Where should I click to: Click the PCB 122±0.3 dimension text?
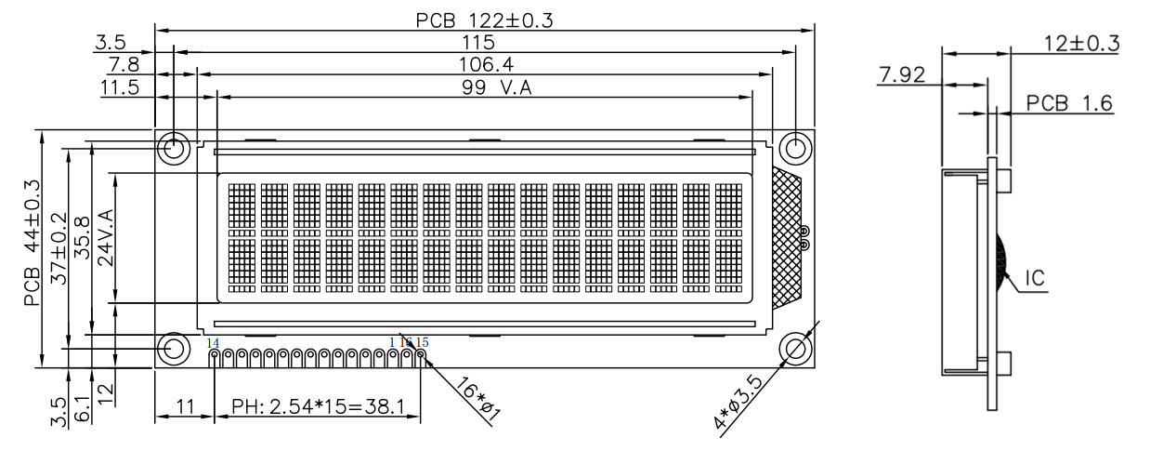tap(484, 20)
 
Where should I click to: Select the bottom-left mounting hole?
tap(174, 349)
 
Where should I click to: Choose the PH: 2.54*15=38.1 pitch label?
tap(318, 407)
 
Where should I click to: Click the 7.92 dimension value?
tap(901, 73)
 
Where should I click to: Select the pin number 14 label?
tap(213, 343)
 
